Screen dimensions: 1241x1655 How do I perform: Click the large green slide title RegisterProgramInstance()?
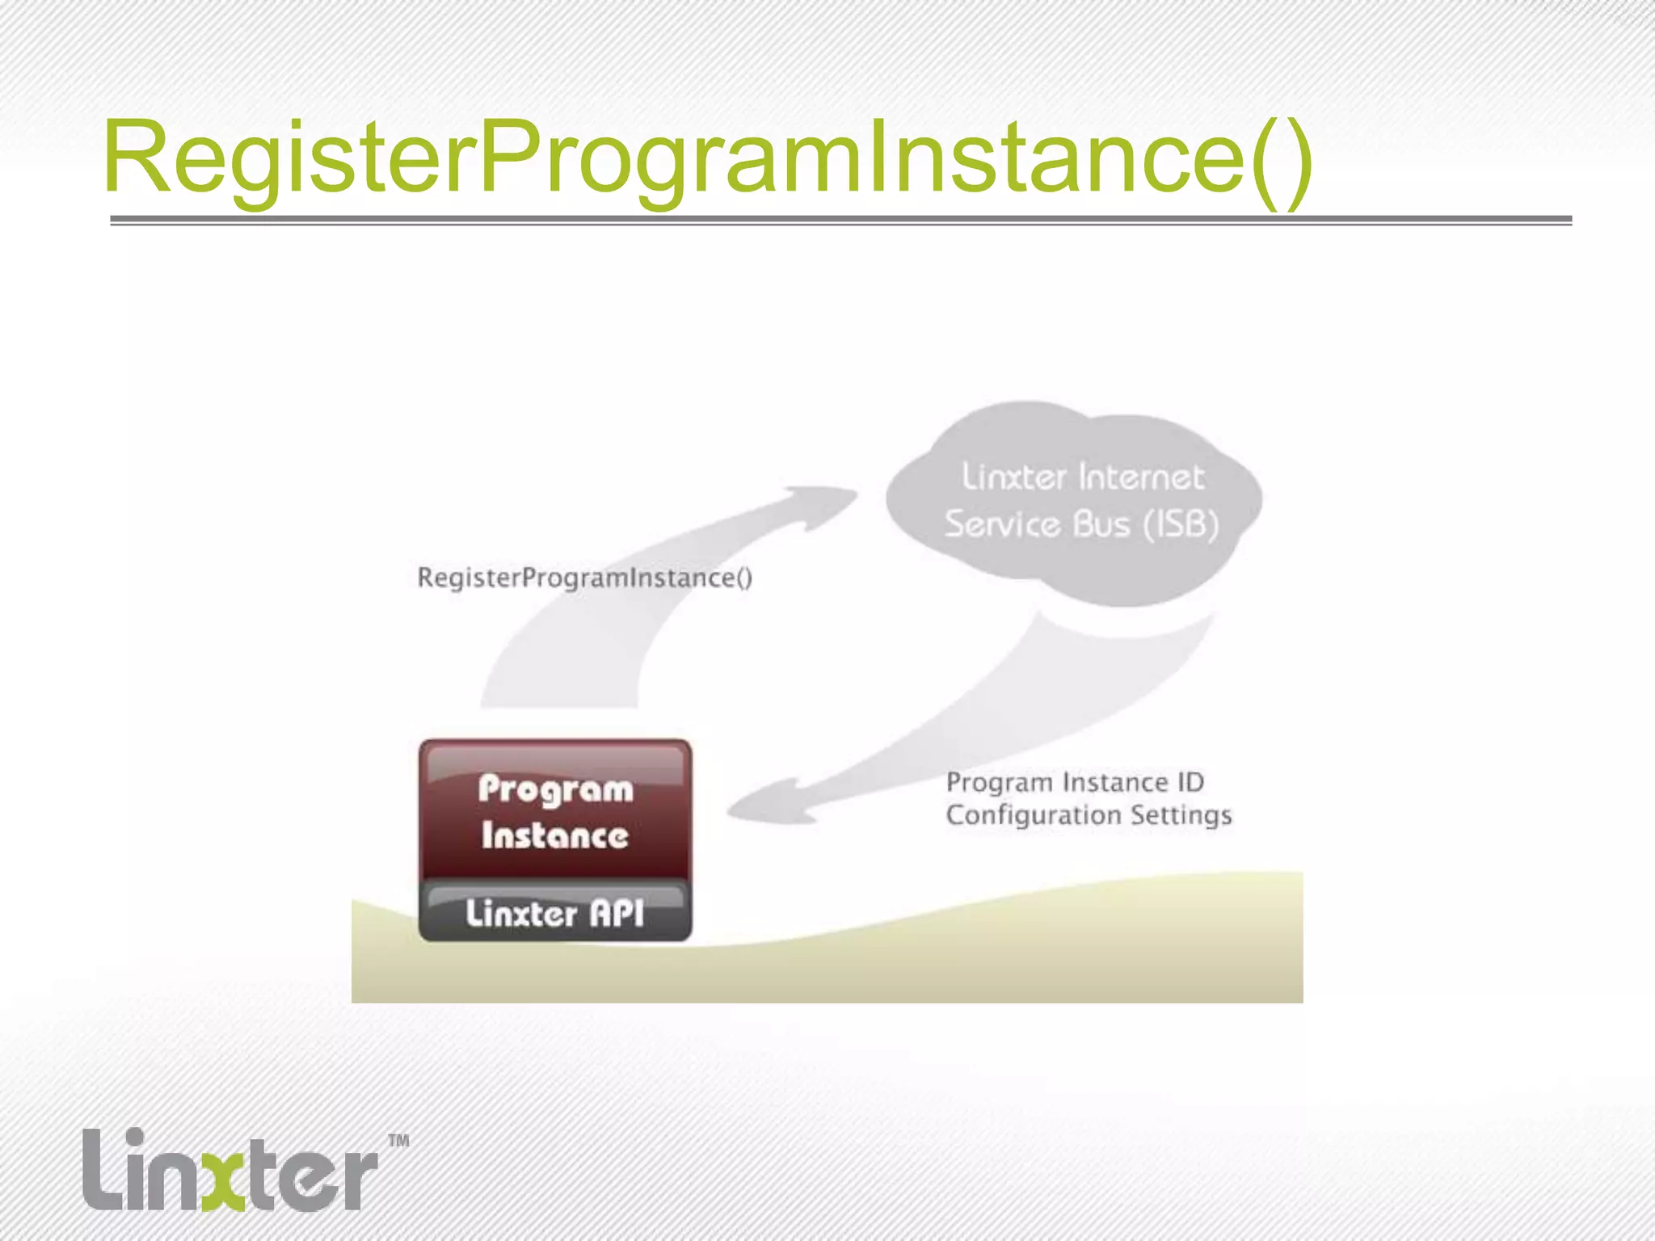click(x=707, y=158)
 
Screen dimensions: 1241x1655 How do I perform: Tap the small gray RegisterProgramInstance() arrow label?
click(x=584, y=578)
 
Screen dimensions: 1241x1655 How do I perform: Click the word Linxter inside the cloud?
click(x=1013, y=477)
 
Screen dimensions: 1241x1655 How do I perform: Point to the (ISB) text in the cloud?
click(x=1181, y=525)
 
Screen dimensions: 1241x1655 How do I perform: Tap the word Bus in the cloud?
click(x=1101, y=525)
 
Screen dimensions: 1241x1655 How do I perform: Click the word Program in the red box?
click(x=555, y=790)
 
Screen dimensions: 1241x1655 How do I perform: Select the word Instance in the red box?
click(x=555, y=835)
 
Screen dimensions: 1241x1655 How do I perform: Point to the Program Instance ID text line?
click(x=1075, y=782)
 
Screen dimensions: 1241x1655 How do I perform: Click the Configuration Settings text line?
click(x=1089, y=814)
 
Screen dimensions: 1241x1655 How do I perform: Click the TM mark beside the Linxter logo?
click(x=398, y=1141)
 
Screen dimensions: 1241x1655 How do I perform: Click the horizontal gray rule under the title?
click(x=840, y=220)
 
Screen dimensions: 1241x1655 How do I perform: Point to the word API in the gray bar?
click(x=617, y=913)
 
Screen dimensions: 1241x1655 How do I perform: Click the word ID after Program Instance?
click(x=1190, y=782)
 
